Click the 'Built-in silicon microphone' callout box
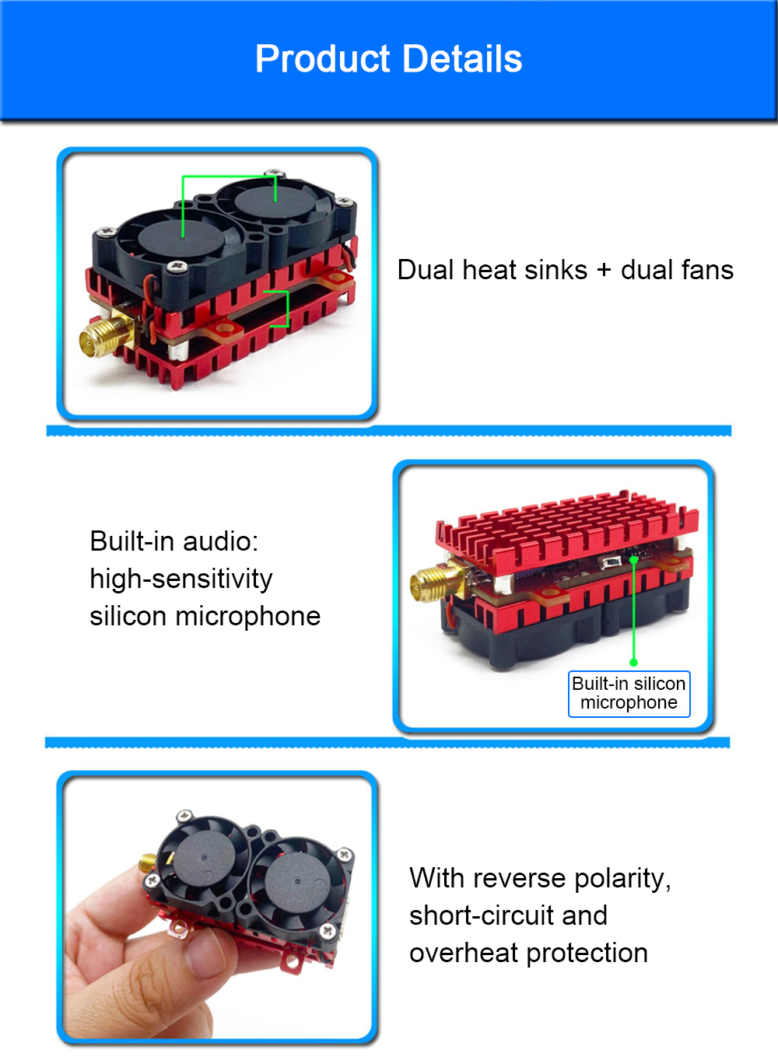(x=629, y=693)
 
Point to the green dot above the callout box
(x=633, y=662)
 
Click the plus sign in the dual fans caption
(x=604, y=271)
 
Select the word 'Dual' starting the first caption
(x=426, y=270)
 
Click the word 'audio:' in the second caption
(x=220, y=541)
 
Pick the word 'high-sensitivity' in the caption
(x=181, y=579)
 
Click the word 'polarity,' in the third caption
(x=622, y=878)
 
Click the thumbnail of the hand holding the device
(x=216, y=907)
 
